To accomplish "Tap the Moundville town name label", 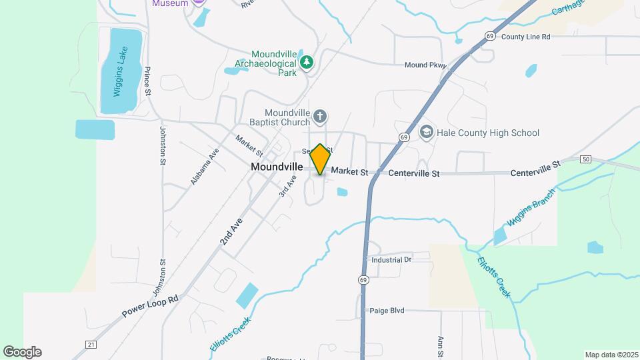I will pyautogui.click(x=277, y=167).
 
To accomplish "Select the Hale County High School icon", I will pyautogui.click(x=425, y=133).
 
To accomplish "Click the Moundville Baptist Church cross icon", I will pyautogui.click(x=320, y=117).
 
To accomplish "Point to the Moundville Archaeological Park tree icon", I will pyautogui.click(x=307, y=63).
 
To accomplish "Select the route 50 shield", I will pyautogui.click(x=585, y=159).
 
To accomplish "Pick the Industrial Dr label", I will pyautogui.click(x=391, y=259).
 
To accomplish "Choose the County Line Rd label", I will pyautogui.click(x=525, y=37).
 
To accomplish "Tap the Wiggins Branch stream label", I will pyautogui.click(x=530, y=212).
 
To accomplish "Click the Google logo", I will pyautogui.click(x=22, y=352).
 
